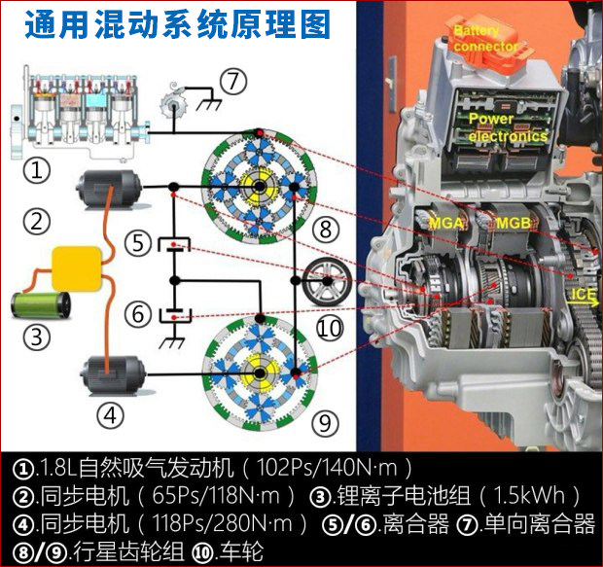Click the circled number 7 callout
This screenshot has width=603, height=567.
pos(233,82)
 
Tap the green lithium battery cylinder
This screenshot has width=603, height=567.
pos(41,305)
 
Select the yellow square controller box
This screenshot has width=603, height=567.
pos(77,268)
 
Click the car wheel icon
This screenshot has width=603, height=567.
pos(327,282)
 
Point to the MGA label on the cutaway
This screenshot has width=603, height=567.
pos(446,223)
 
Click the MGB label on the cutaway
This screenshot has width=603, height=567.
pos(514,223)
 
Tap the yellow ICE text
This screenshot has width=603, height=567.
pos(583,295)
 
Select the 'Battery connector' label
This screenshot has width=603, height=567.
pos(485,39)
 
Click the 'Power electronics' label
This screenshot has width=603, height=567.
pos(508,127)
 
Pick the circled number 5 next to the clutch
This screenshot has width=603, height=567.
pos(138,243)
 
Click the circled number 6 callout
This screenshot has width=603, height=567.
pos(138,314)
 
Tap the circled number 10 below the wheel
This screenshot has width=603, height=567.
pos(330,328)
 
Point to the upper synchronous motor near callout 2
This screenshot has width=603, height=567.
pos(109,189)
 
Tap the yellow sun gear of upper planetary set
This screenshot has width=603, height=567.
pos(260,187)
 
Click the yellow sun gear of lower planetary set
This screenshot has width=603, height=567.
pos(260,372)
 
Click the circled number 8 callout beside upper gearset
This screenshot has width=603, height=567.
pos(326,230)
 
